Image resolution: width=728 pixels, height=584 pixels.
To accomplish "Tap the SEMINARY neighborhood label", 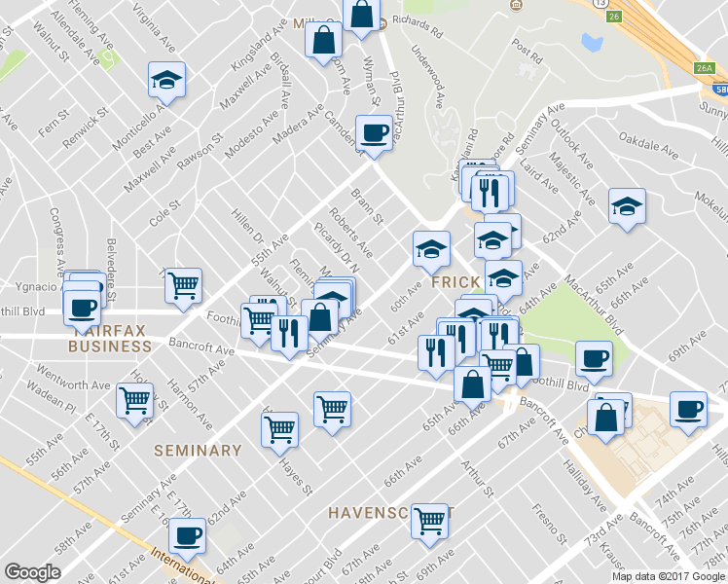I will click(x=198, y=451).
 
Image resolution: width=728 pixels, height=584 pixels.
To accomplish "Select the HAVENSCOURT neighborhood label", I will click(x=387, y=512).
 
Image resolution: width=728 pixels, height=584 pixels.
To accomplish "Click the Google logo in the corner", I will click(x=32, y=572).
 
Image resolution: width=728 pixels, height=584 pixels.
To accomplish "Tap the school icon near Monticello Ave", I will click(x=166, y=81).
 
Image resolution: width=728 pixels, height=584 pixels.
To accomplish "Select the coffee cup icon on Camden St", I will click(x=373, y=132).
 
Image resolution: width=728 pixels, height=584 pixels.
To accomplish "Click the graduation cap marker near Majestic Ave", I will click(x=627, y=206).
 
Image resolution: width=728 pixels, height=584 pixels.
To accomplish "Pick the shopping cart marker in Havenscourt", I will click(x=429, y=521).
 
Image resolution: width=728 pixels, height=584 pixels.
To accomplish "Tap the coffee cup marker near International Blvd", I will click(x=187, y=534).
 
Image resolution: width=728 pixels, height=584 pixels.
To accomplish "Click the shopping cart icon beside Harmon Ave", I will click(x=134, y=400).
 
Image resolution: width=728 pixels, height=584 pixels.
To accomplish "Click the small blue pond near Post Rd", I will click(x=591, y=42).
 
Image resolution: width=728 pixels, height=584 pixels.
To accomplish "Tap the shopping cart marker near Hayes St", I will click(x=279, y=428).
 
